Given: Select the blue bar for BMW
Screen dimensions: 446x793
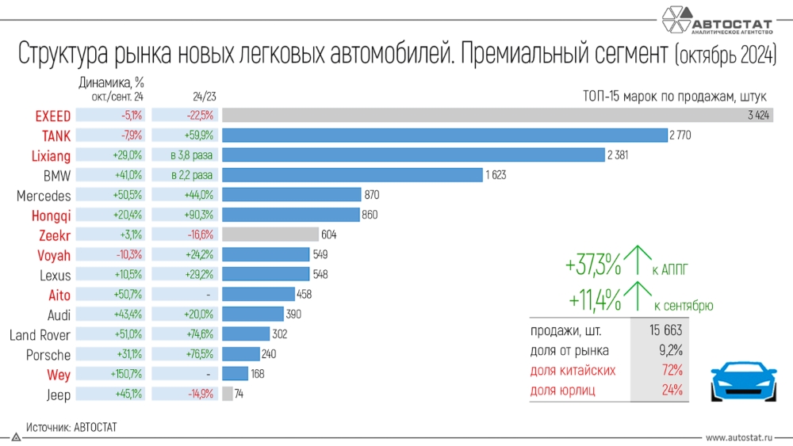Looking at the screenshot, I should (352, 175).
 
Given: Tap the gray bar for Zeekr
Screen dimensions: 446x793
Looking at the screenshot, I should (270, 234).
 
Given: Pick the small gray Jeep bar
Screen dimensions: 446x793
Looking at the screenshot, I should (228, 394).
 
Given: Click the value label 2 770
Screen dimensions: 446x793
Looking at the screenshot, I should (680, 135).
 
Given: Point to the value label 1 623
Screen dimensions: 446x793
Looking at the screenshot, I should (496, 175).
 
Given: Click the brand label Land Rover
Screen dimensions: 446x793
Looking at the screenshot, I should (40, 335).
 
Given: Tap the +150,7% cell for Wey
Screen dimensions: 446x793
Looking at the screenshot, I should (127, 374).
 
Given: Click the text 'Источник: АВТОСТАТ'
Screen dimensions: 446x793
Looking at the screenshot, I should (71, 427).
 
